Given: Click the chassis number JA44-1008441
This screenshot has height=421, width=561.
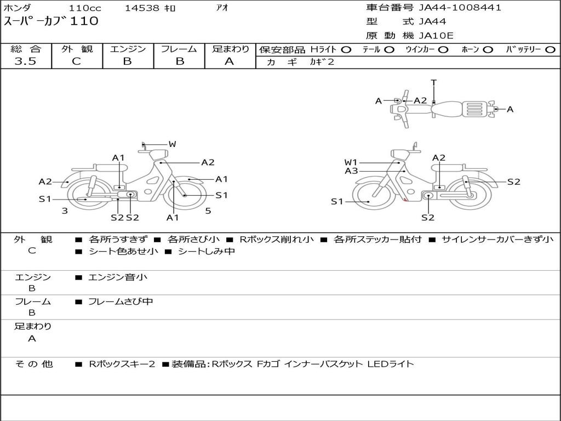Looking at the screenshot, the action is pos(460,8).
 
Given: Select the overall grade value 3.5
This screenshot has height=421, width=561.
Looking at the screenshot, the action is pos(25,61).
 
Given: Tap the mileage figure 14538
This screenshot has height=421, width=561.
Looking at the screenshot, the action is pos(142,8).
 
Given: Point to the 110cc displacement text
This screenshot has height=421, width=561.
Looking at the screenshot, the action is pos(85,8).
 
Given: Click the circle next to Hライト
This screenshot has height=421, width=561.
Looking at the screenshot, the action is pos(346,50).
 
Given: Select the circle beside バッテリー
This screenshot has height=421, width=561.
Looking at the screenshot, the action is pos(550,50).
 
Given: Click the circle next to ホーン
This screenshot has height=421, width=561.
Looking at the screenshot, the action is pos(488,50).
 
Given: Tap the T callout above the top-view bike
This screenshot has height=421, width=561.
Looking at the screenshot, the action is pos(434,83).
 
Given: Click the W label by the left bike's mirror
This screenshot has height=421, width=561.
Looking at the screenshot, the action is pos(172,144).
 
